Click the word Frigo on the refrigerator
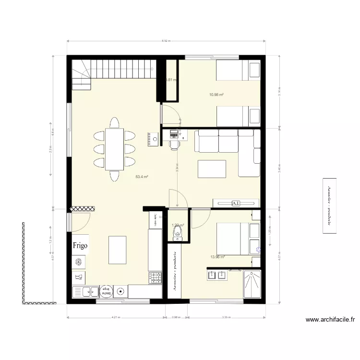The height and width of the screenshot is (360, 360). tap(81, 245)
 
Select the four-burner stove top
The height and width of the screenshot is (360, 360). tap(155, 278)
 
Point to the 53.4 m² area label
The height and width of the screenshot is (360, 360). tap(142, 177)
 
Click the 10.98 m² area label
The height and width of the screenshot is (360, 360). tap(217, 95)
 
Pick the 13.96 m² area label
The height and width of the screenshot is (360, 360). tap(217, 257)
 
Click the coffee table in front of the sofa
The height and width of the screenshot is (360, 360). tap(212, 169)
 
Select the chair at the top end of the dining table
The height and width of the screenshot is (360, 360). tap(115, 123)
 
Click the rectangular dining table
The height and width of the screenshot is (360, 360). tap(115, 149)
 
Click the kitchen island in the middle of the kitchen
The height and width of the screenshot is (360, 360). tap(118, 250)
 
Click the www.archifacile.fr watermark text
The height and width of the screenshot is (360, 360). tap(330, 319)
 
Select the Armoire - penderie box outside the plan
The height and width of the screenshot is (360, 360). tap(329, 206)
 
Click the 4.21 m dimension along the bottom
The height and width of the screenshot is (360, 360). tap(115, 317)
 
